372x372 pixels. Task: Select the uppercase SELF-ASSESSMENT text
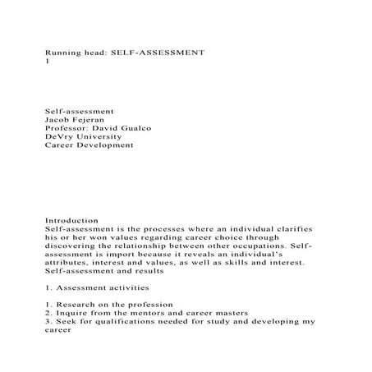(159, 52)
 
